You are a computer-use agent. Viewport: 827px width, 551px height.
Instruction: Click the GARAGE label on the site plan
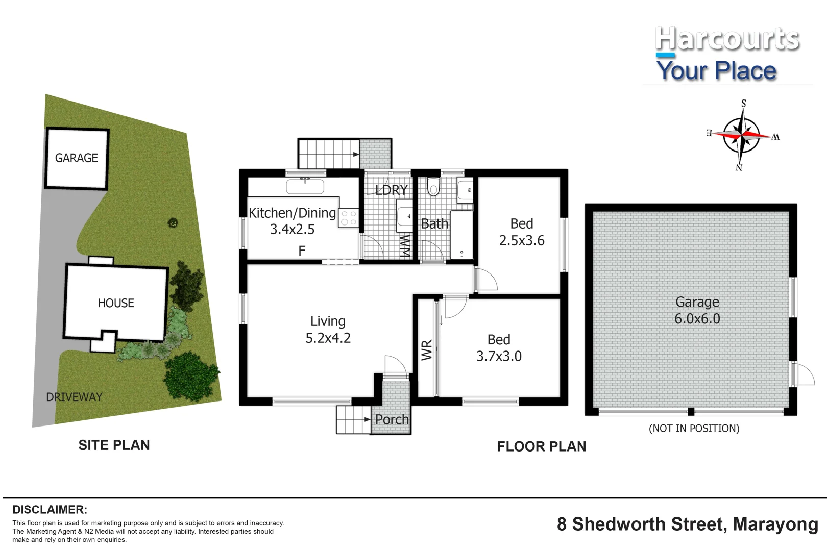coord(77,158)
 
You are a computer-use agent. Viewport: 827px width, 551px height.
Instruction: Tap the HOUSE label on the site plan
coord(116,303)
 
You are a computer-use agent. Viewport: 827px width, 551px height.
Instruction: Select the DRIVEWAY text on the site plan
coord(74,397)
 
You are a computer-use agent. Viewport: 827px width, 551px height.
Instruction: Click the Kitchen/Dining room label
coord(292,213)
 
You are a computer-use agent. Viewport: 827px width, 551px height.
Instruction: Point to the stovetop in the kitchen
coord(349,218)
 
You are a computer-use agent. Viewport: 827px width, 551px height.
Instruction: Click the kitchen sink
coord(305,186)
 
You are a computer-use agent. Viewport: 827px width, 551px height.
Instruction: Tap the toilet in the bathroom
coord(433,187)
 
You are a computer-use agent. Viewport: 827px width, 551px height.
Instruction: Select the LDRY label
coord(392,190)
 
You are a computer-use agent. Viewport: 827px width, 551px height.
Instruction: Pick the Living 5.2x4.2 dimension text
coord(328,338)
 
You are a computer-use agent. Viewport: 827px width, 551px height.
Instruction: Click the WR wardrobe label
coord(427,350)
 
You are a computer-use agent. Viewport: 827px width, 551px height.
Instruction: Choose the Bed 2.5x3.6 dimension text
coord(522,240)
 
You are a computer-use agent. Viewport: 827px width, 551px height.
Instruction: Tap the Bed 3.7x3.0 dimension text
coord(499,356)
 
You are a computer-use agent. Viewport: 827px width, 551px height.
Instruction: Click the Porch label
coord(392,419)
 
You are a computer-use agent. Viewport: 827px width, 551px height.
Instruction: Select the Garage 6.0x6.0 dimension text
coord(697,319)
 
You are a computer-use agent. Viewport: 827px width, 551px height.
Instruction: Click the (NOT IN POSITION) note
coord(694,429)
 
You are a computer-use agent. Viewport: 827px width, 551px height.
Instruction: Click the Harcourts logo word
coord(727,39)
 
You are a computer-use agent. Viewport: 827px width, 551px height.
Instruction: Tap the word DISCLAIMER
coord(50,510)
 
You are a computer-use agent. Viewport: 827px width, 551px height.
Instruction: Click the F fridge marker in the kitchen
coord(302,251)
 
